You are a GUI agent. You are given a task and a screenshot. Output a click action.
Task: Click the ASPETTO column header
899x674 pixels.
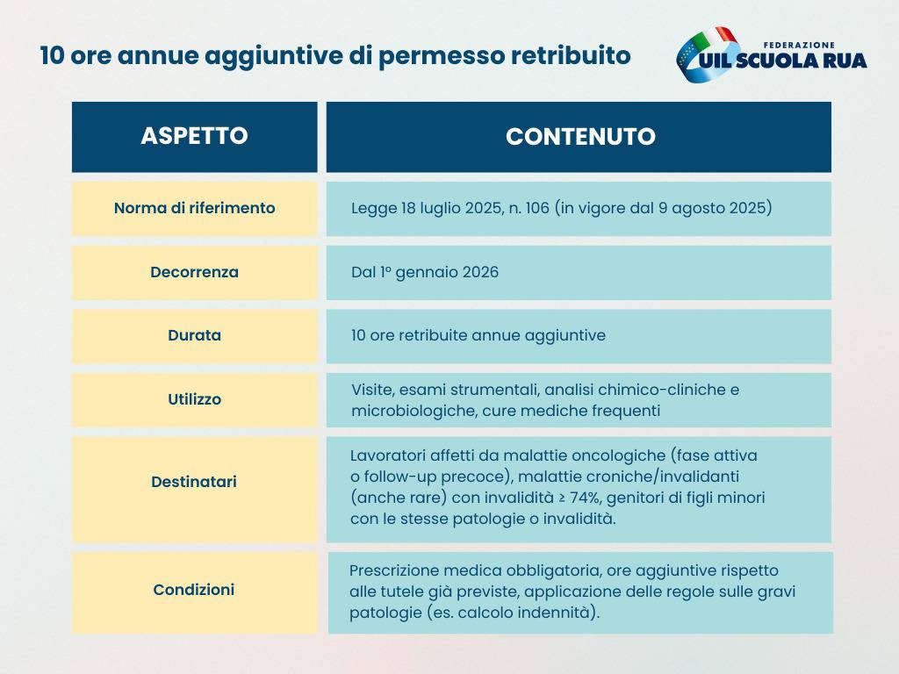coord(194,136)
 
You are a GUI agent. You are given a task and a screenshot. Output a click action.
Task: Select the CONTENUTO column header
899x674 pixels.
coord(580,136)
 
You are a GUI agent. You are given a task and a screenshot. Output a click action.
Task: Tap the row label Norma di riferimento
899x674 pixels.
coord(194,207)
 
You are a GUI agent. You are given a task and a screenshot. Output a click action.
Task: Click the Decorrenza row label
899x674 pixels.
coord(194,272)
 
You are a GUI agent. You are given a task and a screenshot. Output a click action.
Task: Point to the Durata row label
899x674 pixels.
coord(194,335)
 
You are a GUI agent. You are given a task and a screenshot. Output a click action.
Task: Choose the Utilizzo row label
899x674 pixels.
coord(194,399)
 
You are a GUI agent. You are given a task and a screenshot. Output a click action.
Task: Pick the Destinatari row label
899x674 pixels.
coord(194,482)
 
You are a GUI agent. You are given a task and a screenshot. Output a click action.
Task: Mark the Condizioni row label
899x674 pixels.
coord(194,590)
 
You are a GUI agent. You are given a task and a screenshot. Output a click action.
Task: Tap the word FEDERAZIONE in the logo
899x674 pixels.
coord(799,45)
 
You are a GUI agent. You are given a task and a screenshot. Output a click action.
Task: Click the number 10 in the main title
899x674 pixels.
coord(52,55)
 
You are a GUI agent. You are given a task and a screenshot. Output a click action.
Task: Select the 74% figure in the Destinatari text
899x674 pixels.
coord(584,498)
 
